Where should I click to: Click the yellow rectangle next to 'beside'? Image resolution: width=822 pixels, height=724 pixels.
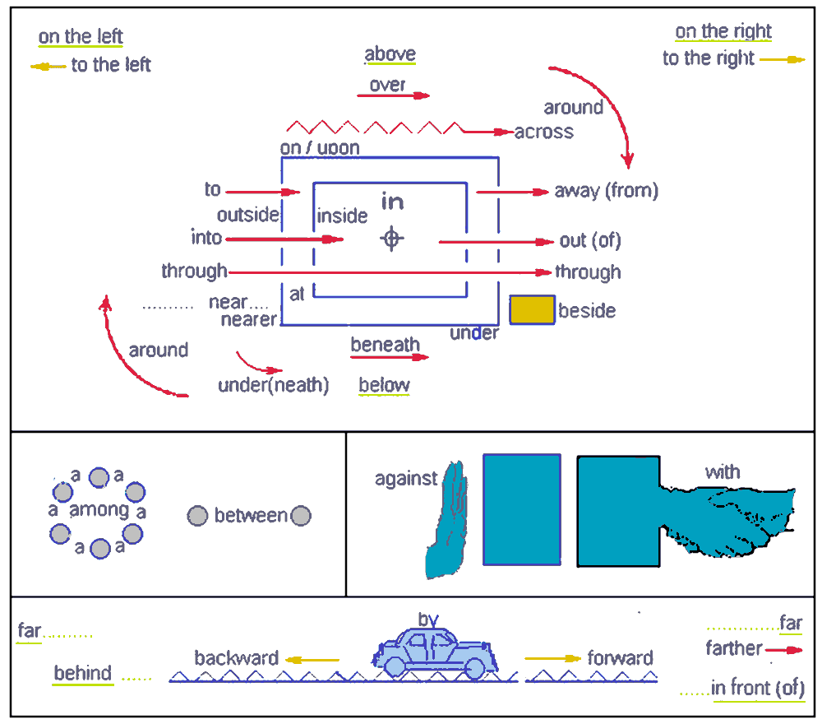pos(532,309)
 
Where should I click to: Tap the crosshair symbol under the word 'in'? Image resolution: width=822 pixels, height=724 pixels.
pos(392,239)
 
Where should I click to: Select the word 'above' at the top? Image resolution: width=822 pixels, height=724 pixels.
pos(390,55)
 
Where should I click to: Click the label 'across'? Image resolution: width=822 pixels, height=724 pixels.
pos(543,132)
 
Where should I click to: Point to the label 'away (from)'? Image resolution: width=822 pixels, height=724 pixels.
pos(606,191)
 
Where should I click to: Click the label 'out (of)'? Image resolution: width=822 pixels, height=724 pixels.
pos(589,241)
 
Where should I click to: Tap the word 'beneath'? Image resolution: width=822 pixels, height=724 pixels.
pos(385,345)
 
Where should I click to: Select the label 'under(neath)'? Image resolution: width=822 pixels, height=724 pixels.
pos(274,385)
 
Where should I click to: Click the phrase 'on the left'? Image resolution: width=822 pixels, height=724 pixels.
pos(81,37)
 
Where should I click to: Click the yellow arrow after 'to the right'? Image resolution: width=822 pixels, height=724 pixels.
pos(783,59)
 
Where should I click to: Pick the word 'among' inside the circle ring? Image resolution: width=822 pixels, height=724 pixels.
pos(99,510)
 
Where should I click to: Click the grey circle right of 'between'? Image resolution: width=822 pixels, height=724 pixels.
pos(301,516)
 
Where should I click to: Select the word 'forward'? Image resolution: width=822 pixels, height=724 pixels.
pos(620,658)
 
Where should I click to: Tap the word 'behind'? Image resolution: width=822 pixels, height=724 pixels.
pos(83,673)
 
